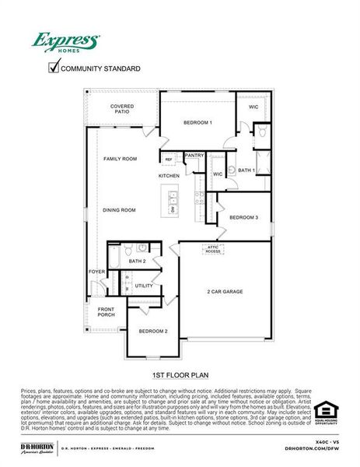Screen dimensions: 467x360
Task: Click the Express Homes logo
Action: [65, 41]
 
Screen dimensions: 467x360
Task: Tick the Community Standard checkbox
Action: [53, 68]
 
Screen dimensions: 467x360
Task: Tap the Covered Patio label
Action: [122, 109]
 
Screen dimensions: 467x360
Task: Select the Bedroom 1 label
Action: [197, 123]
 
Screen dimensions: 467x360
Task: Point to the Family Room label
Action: [120, 159]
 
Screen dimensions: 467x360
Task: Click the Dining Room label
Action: [119, 210]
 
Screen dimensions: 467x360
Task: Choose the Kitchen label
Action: [169, 176]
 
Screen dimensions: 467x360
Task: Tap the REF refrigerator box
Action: [168, 160]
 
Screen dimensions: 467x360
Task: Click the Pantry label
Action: [194, 156]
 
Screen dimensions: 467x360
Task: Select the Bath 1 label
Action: [246, 170]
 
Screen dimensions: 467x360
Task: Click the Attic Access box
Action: [213, 249]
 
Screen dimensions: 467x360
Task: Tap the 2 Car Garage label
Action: [225, 292]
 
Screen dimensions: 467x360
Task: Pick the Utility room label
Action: [144, 286]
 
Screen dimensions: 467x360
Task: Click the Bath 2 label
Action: [138, 262]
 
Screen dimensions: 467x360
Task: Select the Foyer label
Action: [96, 272]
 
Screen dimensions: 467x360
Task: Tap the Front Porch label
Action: [106, 312]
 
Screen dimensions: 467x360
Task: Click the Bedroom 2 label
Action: [153, 332]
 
